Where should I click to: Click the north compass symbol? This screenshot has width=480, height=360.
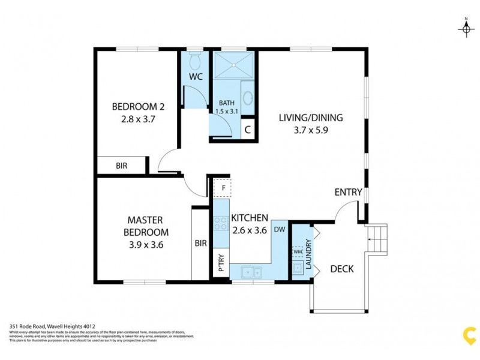(x=466, y=28)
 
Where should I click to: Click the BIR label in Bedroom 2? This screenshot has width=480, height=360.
(x=122, y=166)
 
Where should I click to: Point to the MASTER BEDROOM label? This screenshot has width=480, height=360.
(x=146, y=226)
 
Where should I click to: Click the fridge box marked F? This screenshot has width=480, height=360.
(x=223, y=188)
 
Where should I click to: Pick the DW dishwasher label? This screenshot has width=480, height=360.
(x=280, y=230)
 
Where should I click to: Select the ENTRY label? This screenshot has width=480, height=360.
(x=348, y=193)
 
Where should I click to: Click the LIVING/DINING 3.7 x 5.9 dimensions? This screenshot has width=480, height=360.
(x=303, y=129)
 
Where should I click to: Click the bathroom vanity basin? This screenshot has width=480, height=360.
(x=248, y=98)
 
